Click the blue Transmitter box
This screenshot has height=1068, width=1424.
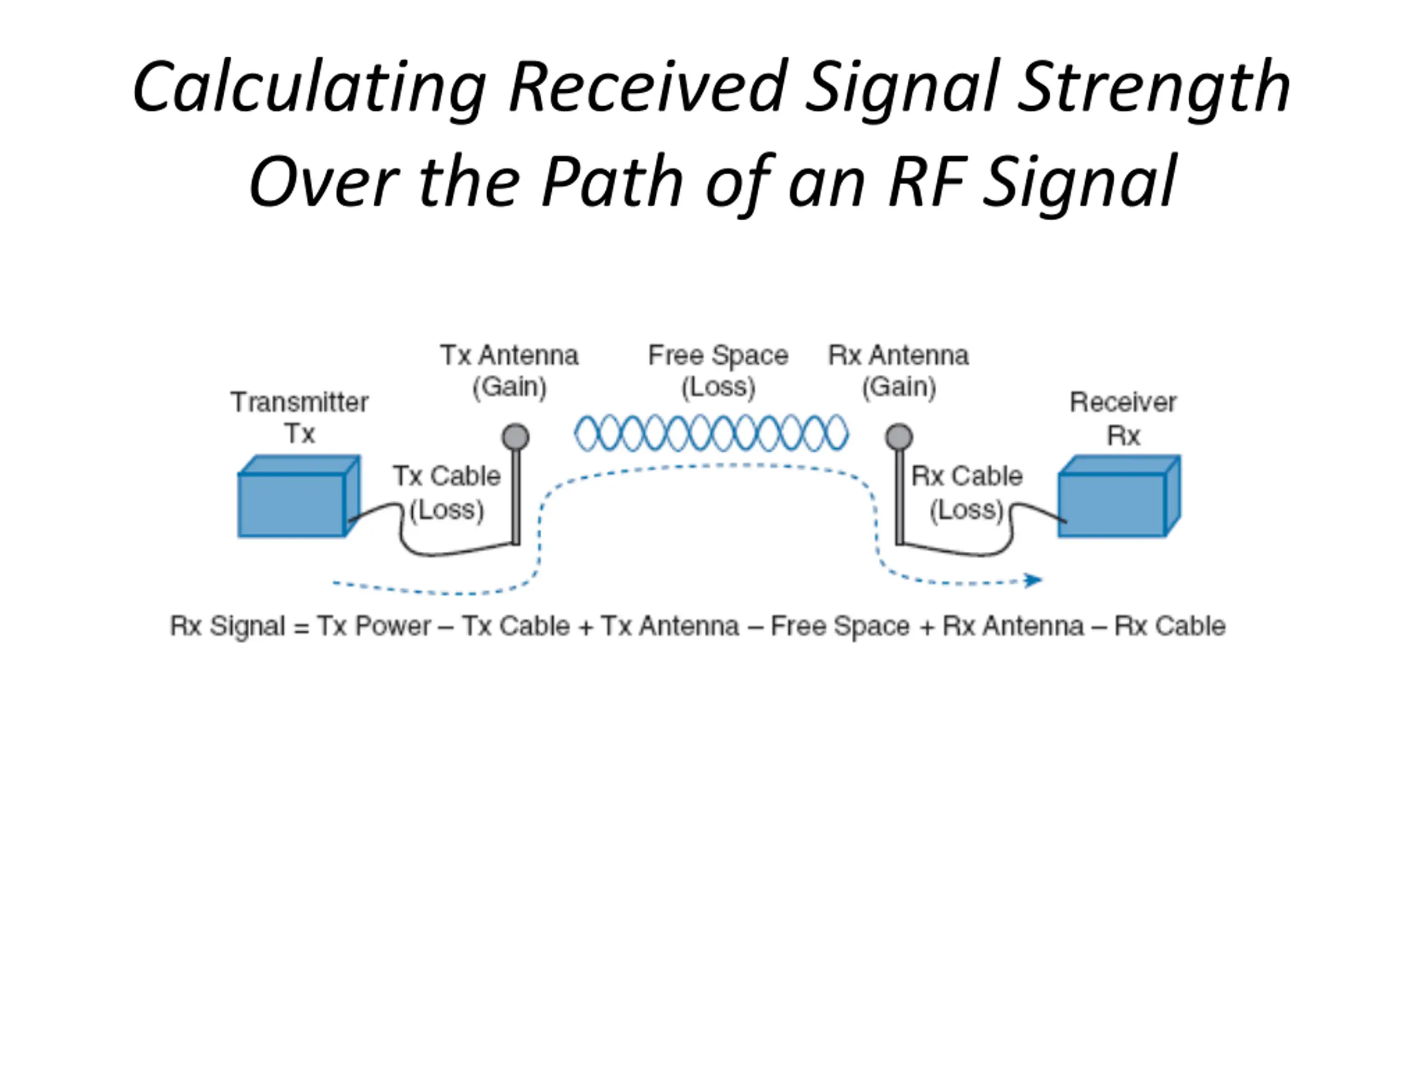click(299, 496)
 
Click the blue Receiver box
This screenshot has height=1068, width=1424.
click(1120, 496)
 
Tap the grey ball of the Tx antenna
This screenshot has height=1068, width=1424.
click(516, 437)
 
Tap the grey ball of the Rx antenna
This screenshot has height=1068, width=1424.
click(899, 437)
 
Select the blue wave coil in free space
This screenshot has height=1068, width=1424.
click(711, 433)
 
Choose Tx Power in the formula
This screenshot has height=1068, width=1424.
click(374, 626)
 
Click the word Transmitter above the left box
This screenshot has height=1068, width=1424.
click(299, 402)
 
